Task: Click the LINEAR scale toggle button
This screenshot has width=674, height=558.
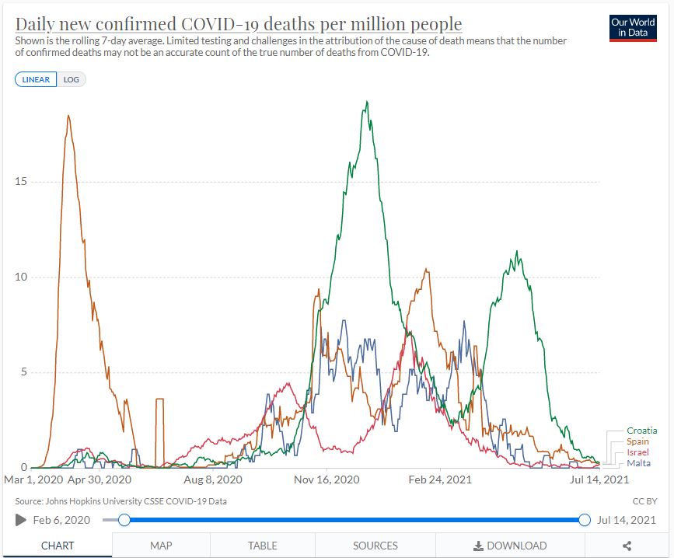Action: (36, 79)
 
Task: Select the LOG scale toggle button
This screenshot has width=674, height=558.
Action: (71, 79)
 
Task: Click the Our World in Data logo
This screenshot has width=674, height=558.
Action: (633, 28)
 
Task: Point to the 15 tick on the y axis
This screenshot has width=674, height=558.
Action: (21, 182)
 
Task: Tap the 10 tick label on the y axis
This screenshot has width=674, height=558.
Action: (21, 277)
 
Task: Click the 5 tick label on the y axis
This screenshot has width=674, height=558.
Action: (24, 372)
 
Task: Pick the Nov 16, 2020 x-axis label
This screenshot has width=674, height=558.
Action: (327, 480)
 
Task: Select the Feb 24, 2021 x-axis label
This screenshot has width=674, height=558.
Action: (441, 480)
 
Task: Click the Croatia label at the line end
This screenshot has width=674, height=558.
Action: (641, 431)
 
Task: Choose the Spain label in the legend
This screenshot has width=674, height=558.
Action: (637, 441)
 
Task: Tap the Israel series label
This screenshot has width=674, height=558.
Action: (637, 452)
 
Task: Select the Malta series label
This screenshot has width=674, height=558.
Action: (638, 463)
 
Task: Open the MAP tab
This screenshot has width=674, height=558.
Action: (161, 546)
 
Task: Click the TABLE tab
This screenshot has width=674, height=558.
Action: (262, 546)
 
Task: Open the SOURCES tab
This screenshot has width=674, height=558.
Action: (375, 546)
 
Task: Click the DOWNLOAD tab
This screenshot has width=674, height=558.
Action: (510, 546)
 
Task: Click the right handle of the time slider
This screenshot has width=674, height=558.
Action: (585, 520)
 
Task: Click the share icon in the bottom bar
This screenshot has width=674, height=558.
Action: (627, 546)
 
